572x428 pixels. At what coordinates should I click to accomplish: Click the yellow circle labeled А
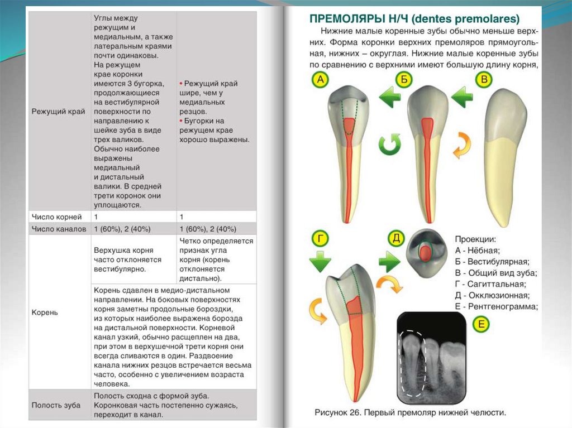[x=320, y=80]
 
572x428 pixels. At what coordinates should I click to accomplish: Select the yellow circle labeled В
[x=484, y=80]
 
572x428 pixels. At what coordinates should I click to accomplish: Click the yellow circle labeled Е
[x=480, y=324]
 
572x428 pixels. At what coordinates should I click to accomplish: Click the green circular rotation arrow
[x=390, y=145]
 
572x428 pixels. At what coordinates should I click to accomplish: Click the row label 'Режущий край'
[x=58, y=112]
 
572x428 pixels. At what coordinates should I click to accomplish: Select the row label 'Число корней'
[x=56, y=217]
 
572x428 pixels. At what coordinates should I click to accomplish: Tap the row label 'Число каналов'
[x=59, y=229]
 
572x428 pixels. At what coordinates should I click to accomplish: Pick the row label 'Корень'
[x=45, y=312]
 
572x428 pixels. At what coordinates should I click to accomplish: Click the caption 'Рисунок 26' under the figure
[x=342, y=413]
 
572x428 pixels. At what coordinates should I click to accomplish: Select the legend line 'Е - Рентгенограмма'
[x=496, y=306]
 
